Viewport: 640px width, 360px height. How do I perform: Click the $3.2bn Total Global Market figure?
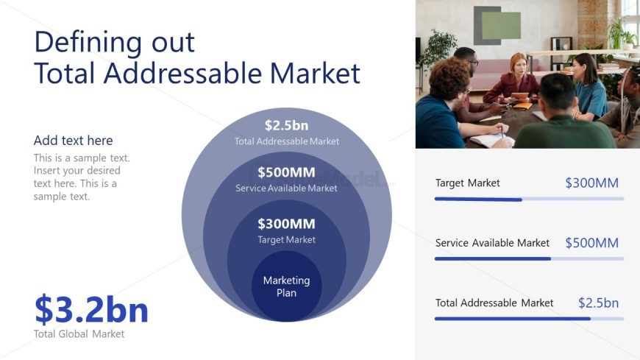click(91, 309)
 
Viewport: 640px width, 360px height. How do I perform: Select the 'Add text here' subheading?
click(73, 141)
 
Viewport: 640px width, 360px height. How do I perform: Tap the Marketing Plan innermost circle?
click(287, 286)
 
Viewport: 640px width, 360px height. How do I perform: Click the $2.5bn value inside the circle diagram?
click(287, 125)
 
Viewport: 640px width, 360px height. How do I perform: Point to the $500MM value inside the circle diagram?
click(287, 172)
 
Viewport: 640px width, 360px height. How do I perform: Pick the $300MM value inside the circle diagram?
click(287, 224)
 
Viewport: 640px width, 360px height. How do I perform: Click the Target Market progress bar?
click(529, 200)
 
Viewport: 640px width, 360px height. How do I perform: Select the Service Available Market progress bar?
click(529, 258)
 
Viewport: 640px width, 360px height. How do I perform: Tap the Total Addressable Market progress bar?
click(529, 319)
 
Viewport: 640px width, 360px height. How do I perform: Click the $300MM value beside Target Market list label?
click(592, 183)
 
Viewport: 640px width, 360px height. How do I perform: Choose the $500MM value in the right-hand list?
click(592, 243)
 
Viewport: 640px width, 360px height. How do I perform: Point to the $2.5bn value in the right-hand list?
click(598, 303)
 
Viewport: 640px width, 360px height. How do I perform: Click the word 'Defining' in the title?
click(88, 43)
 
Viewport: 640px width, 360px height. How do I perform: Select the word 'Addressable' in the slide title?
click(183, 73)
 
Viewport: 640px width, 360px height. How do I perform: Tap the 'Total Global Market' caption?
click(79, 333)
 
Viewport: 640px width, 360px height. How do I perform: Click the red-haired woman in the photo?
click(513, 80)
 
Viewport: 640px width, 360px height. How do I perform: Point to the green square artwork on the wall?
click(501, 25)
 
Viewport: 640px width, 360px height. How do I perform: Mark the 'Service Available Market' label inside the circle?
click(287, 188)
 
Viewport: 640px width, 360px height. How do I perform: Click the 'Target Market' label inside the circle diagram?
click(287, 239)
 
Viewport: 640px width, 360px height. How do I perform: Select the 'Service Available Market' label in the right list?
click(492, 243)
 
